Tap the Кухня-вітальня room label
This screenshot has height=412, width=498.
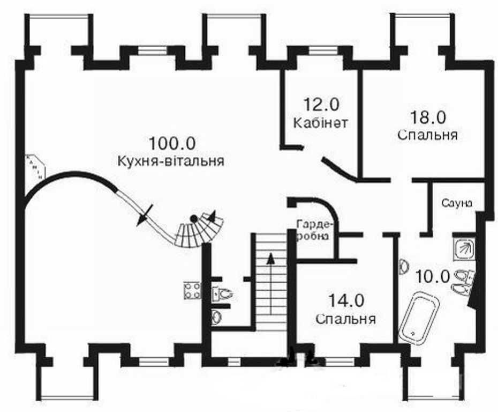[x=170, y=161]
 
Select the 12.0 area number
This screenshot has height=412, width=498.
[x=321, y=104]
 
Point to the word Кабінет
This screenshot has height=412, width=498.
[x=321, y=122]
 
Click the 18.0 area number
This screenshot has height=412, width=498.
[x=428, y=116]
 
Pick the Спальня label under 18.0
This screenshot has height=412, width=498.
[x=427, y=134]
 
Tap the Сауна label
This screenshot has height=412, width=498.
[x=457, y=203]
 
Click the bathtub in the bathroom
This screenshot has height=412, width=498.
[x=419, y=317]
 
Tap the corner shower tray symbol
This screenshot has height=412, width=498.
[x=464, y=248]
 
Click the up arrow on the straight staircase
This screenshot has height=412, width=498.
[x=271, y=258]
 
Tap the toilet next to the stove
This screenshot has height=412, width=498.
[x=222, y=294]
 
